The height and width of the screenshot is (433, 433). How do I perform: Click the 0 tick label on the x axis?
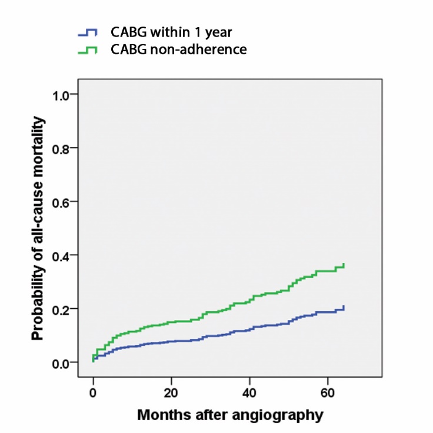click(93, 392)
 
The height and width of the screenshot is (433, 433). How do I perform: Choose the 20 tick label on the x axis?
click(171, 392)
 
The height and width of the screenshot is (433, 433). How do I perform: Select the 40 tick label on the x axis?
click(249, 392)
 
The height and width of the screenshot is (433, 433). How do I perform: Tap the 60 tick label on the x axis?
click(328, 392)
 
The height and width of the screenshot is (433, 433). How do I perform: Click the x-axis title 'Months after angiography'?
click(230, 415)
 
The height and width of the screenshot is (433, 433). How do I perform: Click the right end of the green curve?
click(344, 265)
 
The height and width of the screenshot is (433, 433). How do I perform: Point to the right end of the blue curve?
click(344, 307)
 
